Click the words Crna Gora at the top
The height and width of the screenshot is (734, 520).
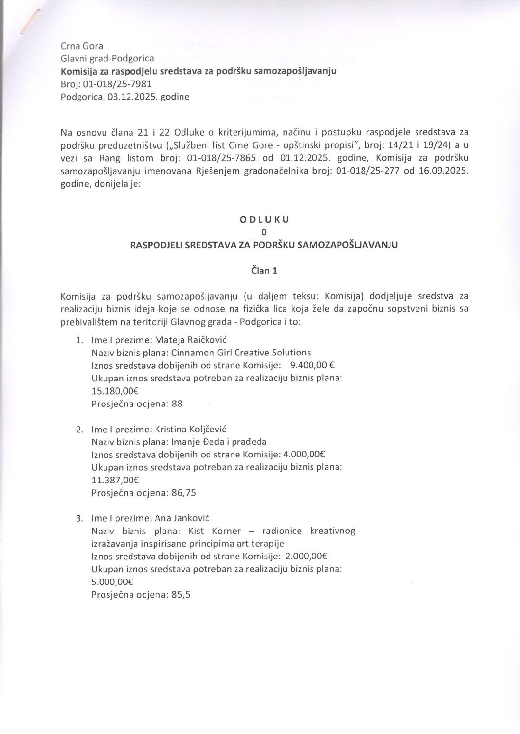tap(82, 46)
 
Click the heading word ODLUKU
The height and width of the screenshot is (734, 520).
tap(264, 220)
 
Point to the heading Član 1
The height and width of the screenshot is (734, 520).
tap(264, 270)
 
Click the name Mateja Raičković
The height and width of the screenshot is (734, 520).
tap(190, 340)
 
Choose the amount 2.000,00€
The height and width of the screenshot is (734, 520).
tap(305, 557)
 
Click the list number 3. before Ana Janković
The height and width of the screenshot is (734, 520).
tap(79, 518)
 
